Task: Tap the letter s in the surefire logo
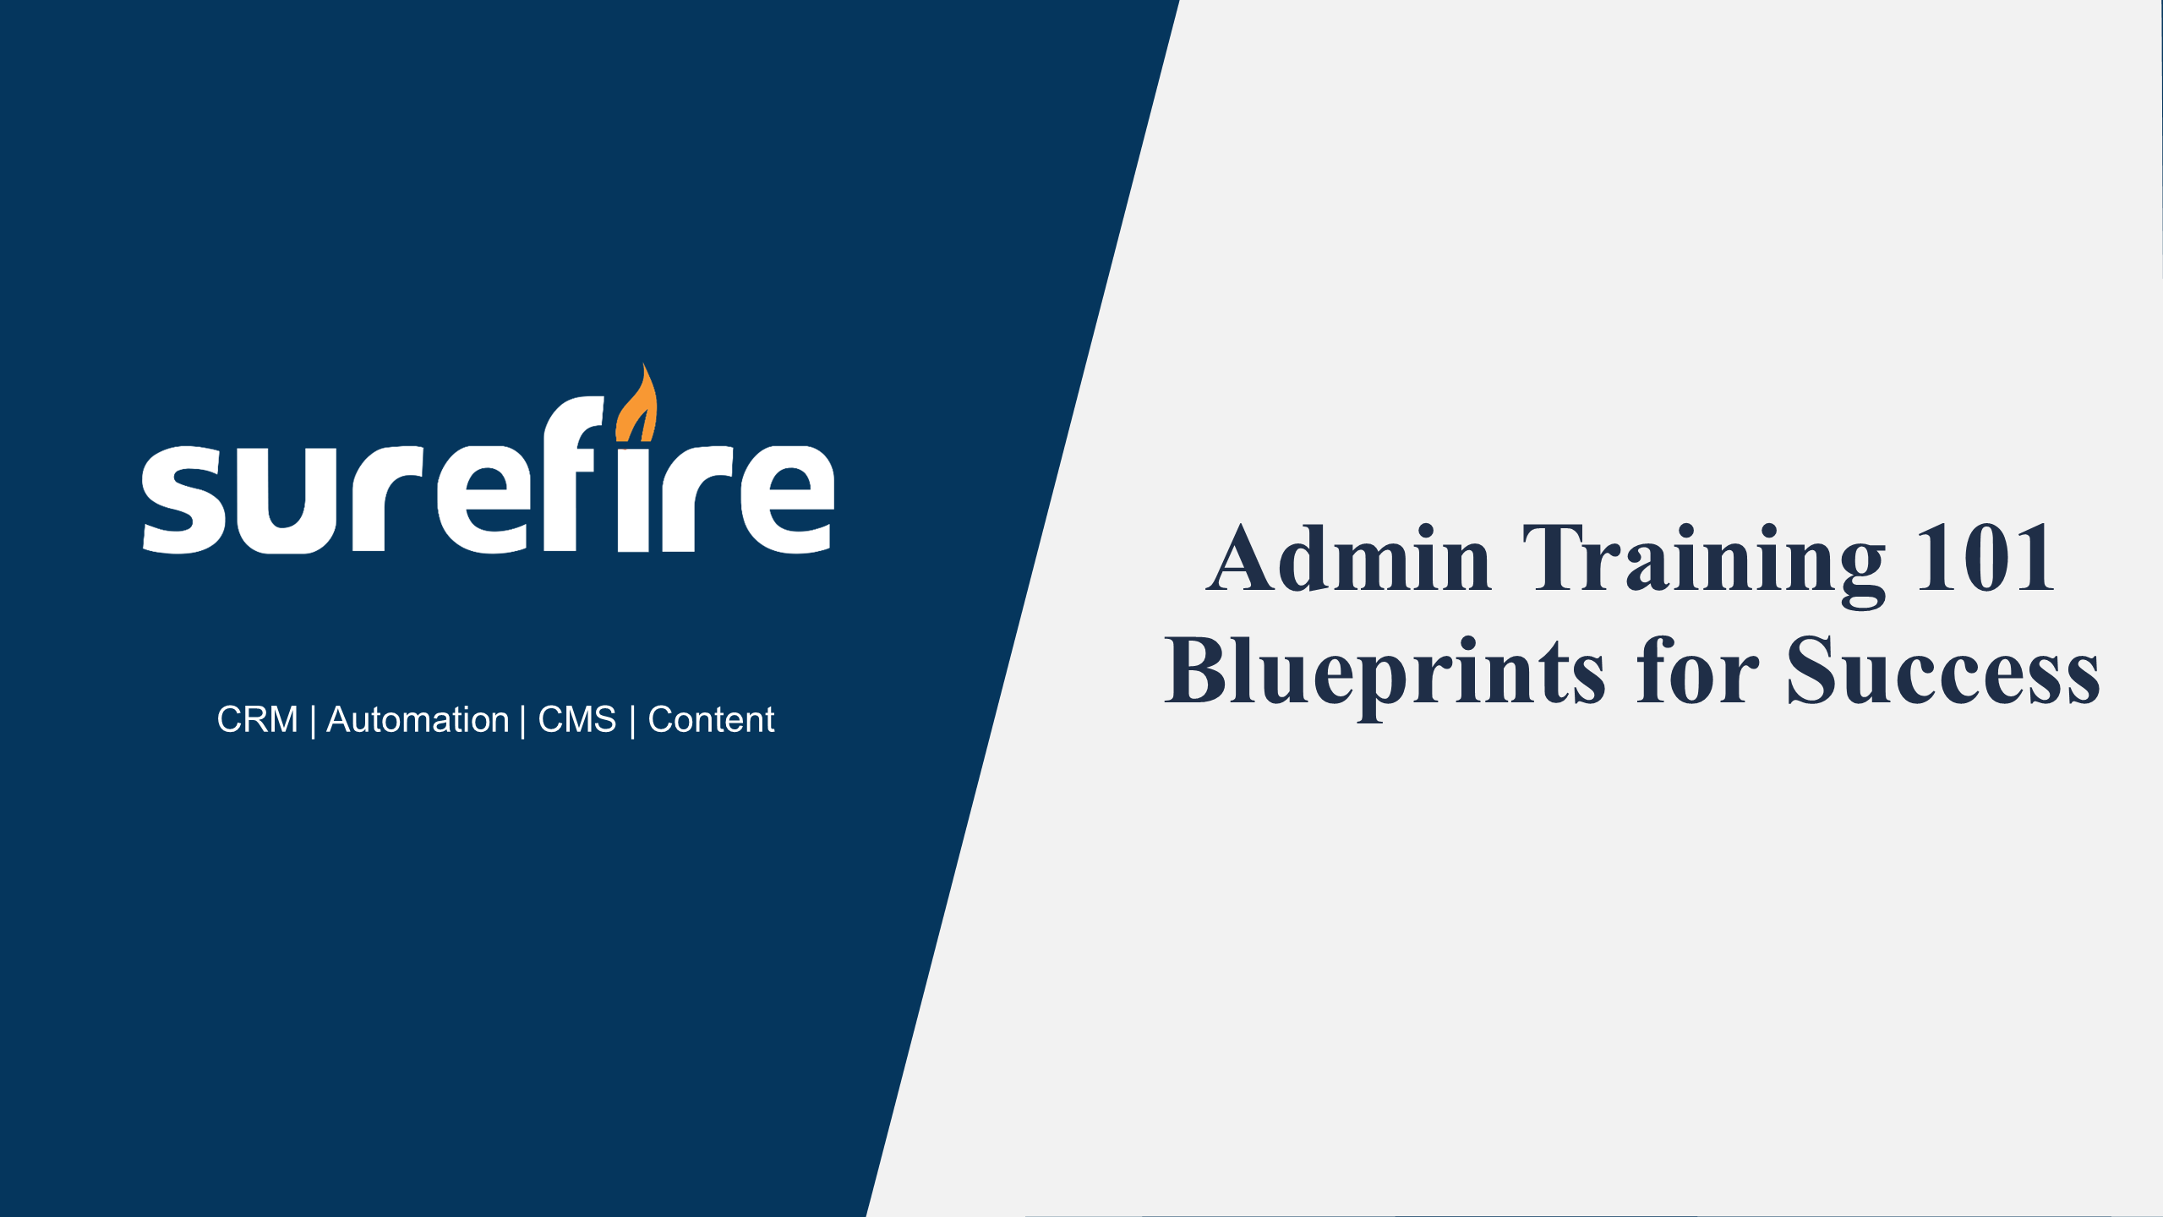[x=183, y=499]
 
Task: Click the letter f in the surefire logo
[x=574, y=473]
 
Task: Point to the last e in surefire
[x=788, y=499]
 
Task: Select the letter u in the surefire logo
[x=286, y=500]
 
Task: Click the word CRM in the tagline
[x=257, y=720]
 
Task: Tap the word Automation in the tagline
[x=418, y=720]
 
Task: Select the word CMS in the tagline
[x=577, y=720]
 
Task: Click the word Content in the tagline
[x=711, y=720]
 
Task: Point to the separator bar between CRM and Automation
[x=313, y=721]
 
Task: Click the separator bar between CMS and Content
[x=632, y=721]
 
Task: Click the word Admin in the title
[x=1349, y=558]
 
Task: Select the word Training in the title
[x=1704, y=565]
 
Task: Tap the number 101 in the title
[x=1985, y=558]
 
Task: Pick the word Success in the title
[x=1943, y=669]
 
